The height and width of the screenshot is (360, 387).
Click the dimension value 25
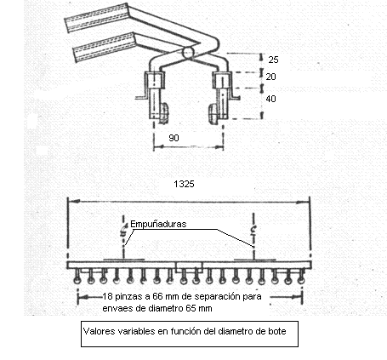click(273, 60)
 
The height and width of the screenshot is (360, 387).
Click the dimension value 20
click(270, 77)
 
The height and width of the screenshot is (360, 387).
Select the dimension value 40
click(270, 99)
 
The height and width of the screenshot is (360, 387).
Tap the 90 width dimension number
click(174, 138)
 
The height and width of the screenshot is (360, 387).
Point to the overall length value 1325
click(184, 184)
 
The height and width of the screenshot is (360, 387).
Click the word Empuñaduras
click(158, 224)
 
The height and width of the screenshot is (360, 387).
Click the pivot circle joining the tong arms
click(188, 53)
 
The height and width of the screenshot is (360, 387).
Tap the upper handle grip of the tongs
click(97, 18)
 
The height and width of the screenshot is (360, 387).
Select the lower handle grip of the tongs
click(105, 48)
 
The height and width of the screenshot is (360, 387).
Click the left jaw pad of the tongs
click(164, 113)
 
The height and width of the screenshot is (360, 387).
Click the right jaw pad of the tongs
click(213, 114)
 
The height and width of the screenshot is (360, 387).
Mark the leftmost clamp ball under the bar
click(77, 281)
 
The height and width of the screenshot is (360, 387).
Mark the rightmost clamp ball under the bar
click(301, 281)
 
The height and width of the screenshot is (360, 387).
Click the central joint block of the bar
click(189, 267)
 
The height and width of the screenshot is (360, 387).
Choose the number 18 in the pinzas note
click(107, 296)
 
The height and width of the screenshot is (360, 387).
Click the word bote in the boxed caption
click(277, 331)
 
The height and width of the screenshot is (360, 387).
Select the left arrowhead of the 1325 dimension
click(73, 201)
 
